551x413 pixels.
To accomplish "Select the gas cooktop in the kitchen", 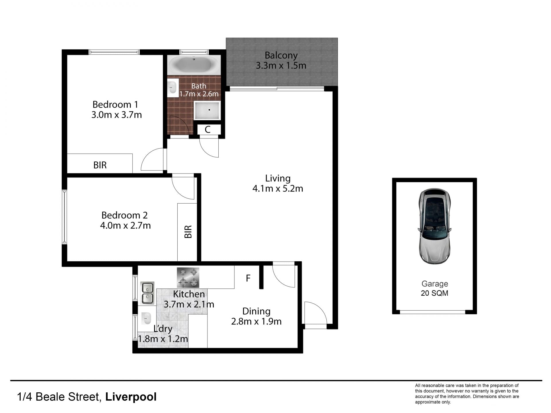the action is pos(188,277).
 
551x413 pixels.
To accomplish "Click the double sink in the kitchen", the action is pos(147,293).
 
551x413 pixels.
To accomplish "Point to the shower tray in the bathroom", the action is pos(207,110).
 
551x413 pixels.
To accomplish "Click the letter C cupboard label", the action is pos(208,130).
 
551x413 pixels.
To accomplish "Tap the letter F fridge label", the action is pos(248,278).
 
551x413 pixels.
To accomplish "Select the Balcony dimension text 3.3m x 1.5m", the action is pos(281,66).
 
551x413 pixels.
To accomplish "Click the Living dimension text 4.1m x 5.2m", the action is pos(278,189).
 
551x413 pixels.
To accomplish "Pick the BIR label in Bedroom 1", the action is pos(100,165).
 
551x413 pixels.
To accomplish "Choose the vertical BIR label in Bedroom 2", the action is pos(188,232).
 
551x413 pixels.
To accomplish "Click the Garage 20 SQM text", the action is pos(434,289).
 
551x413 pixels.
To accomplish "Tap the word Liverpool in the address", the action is pos(131,397).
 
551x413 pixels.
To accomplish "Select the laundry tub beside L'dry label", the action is pos(146,318).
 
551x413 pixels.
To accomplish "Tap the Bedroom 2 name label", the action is pos(125,215).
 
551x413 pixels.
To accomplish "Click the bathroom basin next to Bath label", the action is pos(173,87).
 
